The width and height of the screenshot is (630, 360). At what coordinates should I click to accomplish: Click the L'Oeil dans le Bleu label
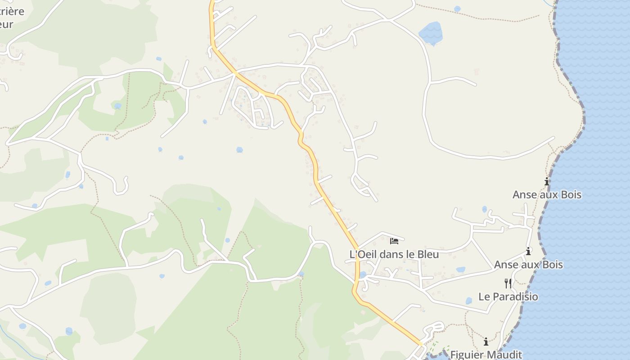click(394, 254)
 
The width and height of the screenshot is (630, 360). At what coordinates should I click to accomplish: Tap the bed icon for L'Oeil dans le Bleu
click(394, 241)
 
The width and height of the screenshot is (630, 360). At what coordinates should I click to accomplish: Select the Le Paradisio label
click(508, 297)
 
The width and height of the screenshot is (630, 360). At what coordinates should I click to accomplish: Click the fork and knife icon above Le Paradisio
click(508, 283)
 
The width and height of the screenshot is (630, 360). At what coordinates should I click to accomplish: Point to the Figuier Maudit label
click(486, 355)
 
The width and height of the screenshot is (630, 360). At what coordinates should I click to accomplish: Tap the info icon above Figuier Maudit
click(486, 342)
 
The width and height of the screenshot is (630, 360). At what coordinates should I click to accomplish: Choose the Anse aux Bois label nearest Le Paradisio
click(528, 264)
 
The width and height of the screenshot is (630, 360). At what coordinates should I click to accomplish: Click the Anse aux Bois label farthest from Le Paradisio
click(547, 195)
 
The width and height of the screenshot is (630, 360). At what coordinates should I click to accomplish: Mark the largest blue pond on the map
click(431, 33)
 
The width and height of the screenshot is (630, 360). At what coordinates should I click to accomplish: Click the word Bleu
click(427, 254)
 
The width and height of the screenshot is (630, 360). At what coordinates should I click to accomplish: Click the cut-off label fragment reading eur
click(6, 24)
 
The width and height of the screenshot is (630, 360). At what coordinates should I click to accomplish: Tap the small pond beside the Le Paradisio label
click(468, 301)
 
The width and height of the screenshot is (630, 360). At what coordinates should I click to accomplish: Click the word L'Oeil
click(364, 254)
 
